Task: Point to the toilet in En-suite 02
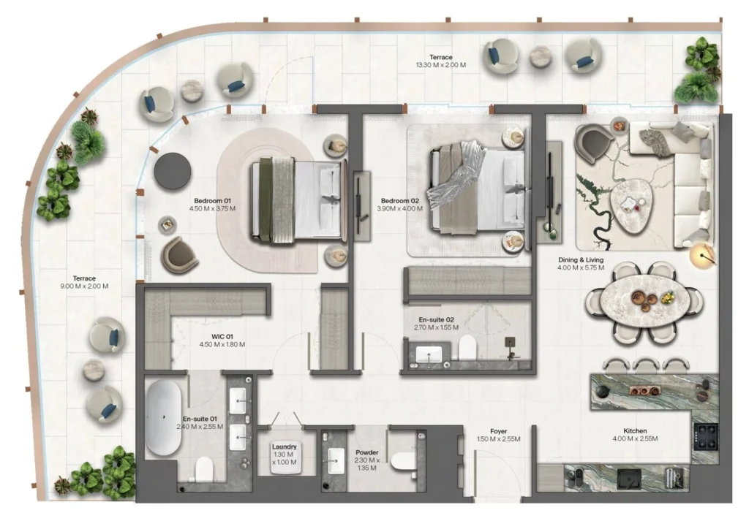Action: tap(467, 347)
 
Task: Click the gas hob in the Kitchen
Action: tap(706, 437)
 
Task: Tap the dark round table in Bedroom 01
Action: tap(173, 171)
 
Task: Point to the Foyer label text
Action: tap(498, 431)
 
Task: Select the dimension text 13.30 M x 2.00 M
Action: tap(441, 65)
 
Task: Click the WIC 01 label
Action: tap(222, 336)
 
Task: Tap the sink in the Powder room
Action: tap(337, 461)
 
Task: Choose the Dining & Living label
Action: tap(581, 260)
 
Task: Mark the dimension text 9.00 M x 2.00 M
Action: tap(85, 286)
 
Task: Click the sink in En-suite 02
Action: tap(429, 354)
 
